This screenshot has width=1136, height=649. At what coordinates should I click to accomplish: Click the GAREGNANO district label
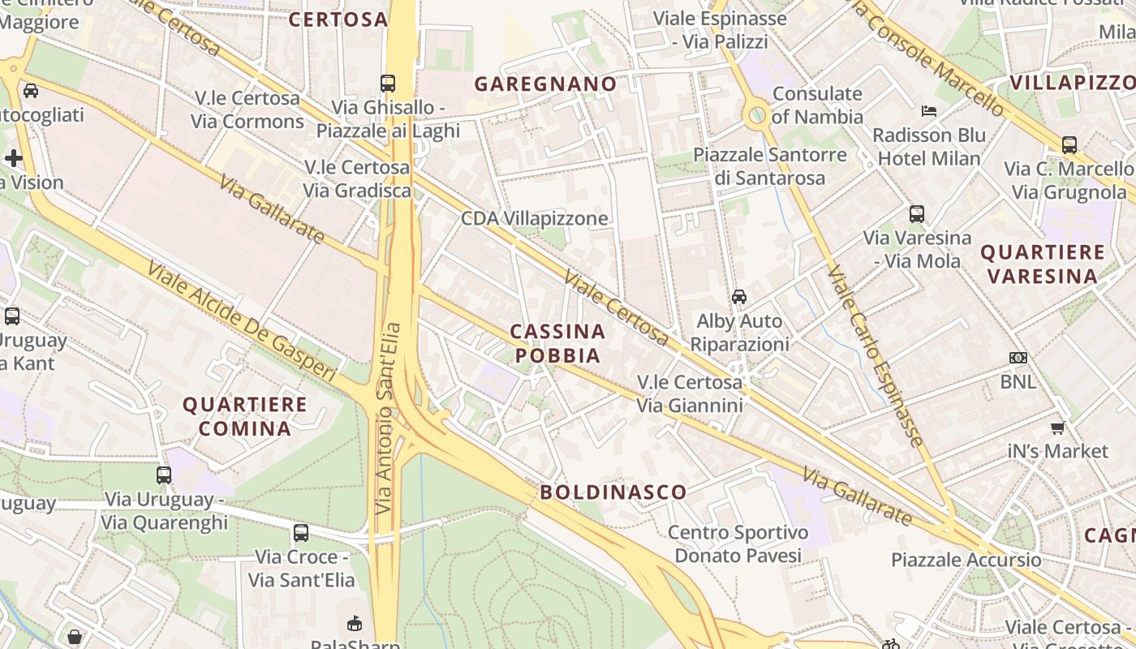[x=545, y=84]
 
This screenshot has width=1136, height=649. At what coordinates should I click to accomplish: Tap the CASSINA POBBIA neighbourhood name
[x=558, y=343]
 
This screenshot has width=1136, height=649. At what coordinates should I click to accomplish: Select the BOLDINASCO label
[x=613, y=492]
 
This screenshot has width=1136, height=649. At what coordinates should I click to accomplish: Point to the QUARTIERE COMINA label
[x=245, y=416]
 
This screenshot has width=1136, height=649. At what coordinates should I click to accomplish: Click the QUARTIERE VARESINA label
[x=1043, y=264]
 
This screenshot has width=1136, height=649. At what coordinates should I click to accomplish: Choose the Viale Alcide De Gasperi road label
[x=241, y=320]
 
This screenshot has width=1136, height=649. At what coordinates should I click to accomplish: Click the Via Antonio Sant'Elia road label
[x=389, y=418]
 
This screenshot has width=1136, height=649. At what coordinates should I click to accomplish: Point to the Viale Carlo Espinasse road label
[x=876, y=355]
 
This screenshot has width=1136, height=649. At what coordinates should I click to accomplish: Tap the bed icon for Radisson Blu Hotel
[x=929, y=110]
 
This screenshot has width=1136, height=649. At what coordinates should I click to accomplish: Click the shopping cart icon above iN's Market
[x=1057, y=428]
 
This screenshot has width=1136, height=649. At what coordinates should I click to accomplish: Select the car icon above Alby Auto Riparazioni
[x=738, y=297]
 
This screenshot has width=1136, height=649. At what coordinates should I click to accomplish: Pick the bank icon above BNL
[x=1018, y=358]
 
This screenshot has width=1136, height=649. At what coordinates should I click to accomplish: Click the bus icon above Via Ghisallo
[x=388, y=83]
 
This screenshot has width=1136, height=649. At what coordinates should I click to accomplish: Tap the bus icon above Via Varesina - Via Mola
[x=916, y=214]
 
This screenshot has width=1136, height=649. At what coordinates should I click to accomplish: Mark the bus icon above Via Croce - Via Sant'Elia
[x=301, y=533]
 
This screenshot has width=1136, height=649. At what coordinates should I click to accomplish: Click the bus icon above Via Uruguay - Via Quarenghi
[x=164, y=475]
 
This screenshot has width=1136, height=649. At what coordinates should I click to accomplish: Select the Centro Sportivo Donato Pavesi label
[x=738, y=544]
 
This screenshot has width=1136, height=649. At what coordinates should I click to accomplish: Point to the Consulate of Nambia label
[x=817, y=105]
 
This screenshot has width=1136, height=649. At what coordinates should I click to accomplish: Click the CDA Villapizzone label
[x=534, y=218]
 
